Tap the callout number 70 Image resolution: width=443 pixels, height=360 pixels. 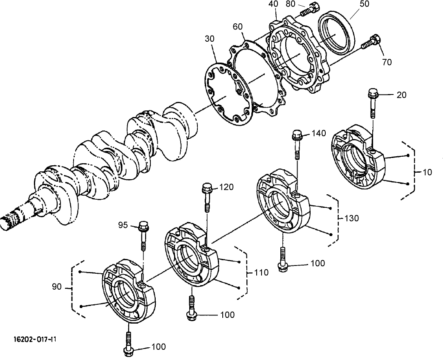tap(387, 62)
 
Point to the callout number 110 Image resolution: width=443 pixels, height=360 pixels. tap(261, 272)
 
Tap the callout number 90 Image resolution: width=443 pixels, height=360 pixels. tap(57, 287)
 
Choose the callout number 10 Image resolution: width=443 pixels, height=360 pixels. tap(427, 172)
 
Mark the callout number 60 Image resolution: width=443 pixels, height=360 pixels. tap(237, 27)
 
